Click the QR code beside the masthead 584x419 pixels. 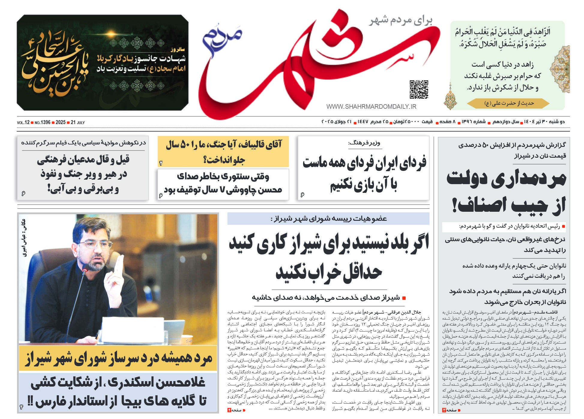pos(419,89)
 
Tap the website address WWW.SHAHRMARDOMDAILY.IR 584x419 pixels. pos(371,107)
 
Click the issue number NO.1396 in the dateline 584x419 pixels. pos(42,123)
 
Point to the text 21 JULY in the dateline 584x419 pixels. pos(78,123)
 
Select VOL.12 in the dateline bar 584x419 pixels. pos(23,123)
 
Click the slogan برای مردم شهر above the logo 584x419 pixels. pos(401,20)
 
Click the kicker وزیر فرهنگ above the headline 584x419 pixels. pos(364,143)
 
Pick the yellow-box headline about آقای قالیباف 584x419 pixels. pos(224,152)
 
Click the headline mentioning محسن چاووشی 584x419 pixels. pos(223,183)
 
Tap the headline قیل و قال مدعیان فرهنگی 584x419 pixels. pos(83,175)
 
